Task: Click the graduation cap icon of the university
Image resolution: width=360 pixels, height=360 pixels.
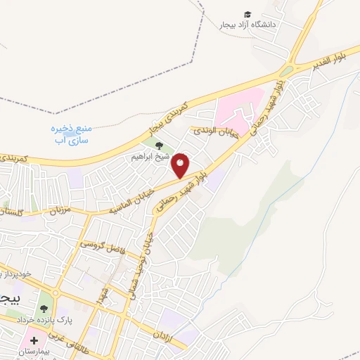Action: [x=247, y=15]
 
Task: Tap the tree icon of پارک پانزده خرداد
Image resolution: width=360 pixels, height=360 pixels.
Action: [x=44, y=307]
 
